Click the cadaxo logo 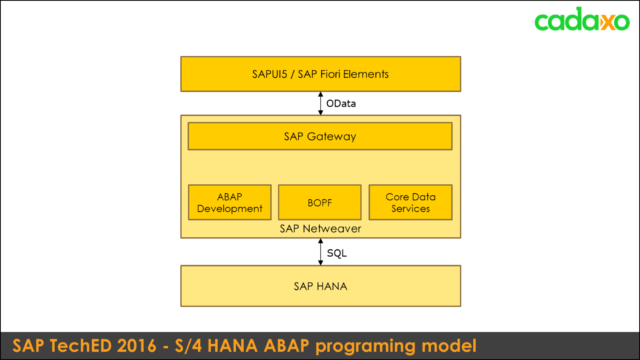coord(582,20)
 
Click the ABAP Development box coord(230,202)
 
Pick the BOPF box coord(320,202)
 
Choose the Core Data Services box coord(410,202)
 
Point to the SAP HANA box coord(320,286)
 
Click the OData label coord(341,104)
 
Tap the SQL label coord(337,253)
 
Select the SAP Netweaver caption coord(320,229)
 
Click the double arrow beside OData coord(320,104)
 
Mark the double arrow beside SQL coord(320,252)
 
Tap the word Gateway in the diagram coord(332,137)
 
